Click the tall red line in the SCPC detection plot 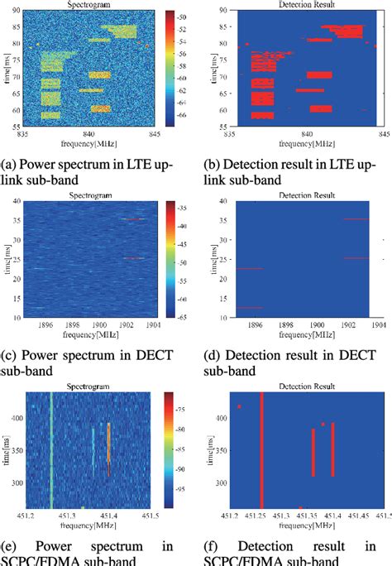coord(262,451)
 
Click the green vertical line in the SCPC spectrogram coord(52,451)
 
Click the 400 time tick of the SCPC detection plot coord(222,418)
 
